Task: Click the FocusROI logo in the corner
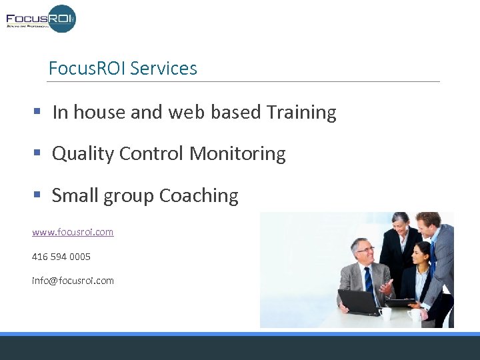[41, 18]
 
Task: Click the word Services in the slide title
[163, 68]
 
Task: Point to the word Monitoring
[237, 154]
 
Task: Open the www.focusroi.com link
[73, 232]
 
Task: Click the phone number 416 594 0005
[61, 257]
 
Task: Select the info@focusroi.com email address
[73, 281]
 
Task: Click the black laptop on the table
[360, 301]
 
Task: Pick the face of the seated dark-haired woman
[421, 255]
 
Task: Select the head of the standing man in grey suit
[427, 224]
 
